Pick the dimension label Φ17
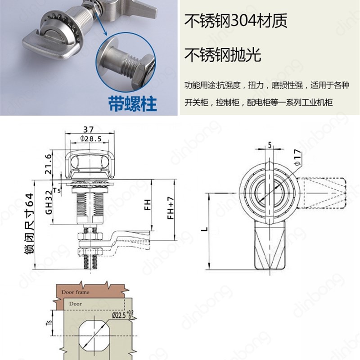[297, 157]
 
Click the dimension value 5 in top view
[269, 145]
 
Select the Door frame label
[76, 292]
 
